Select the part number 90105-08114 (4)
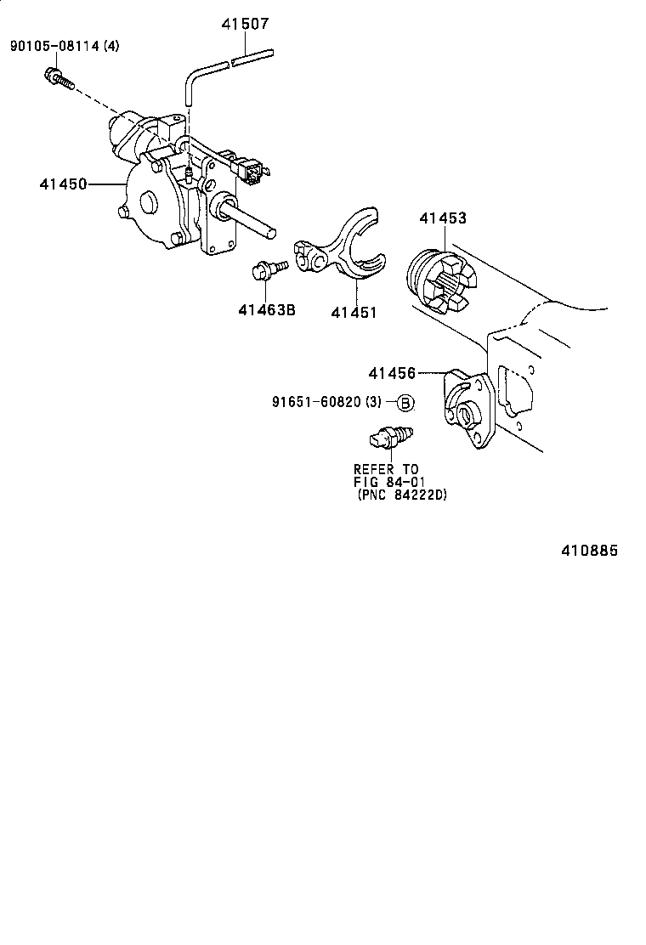point(65,46)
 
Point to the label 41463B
point(266,310)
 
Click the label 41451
point(353,312)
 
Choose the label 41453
point(442,218)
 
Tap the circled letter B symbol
point(405,403)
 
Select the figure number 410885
point(588,551)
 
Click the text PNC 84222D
point(402,495)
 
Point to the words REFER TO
point(386,469)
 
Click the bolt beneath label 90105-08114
point(58,79)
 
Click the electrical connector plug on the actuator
point(254,172)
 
